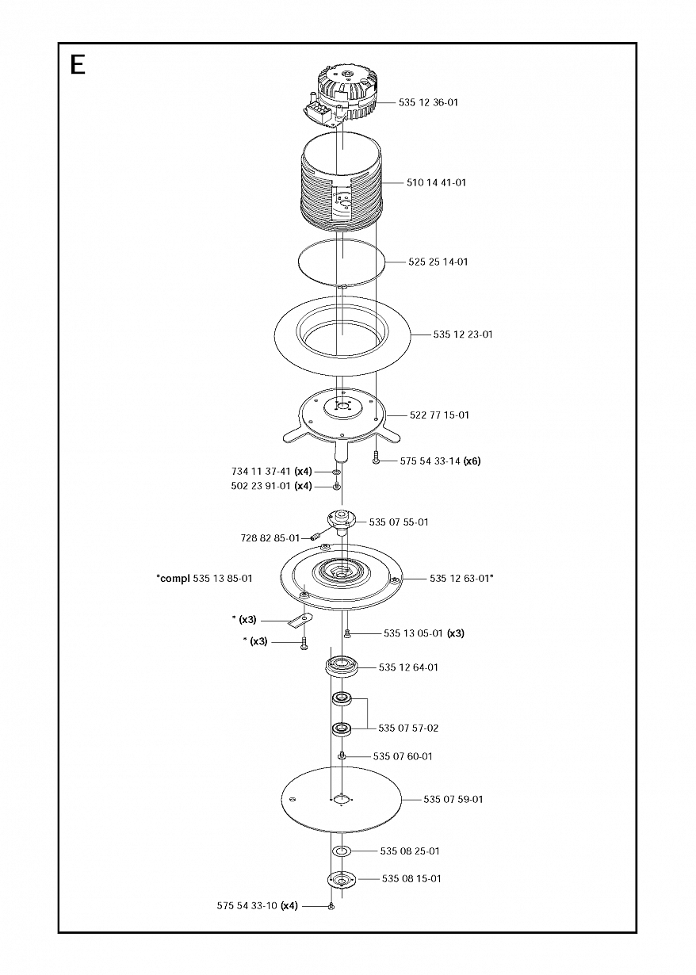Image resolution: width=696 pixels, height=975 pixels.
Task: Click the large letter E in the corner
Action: pos(77,64)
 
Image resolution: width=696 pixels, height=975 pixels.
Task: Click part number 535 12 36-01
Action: pos(428,102)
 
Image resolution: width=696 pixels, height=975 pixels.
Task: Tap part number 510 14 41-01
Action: pos(436,182)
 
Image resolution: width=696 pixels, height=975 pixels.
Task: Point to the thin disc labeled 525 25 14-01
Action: pos(342,262)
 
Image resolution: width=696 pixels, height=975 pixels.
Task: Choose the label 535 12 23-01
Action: pos(463,335)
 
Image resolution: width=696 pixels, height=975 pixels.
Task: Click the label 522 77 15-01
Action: pos(439,415)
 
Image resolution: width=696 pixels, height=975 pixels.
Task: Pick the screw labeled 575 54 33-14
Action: pos(376,459)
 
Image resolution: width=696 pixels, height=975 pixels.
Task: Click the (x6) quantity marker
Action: pos(472,461)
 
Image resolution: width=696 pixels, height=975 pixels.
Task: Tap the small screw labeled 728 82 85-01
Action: pos(317,537)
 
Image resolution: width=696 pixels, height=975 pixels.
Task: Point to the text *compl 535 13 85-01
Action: pos(205,579)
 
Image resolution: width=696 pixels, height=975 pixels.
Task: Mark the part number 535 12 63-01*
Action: pos(461,579)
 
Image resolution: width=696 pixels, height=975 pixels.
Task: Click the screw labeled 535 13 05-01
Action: pos(347,633)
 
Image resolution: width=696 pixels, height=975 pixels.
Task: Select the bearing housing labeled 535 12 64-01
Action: pos(342,666)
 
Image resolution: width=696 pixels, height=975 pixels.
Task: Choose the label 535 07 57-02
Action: pos(408,728)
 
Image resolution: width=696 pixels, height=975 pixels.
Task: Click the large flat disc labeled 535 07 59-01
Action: pos(342,797)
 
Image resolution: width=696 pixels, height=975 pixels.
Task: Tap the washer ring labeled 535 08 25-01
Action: pos(342,851)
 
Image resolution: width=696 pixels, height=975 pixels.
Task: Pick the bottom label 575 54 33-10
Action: pos(248,905)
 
